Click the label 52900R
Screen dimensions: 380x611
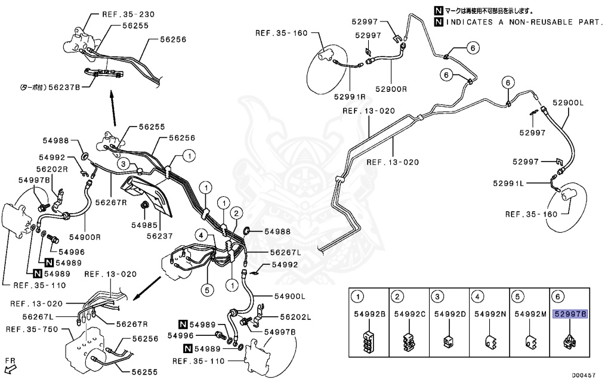(391, 89)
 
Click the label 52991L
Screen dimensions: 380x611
(508, 183)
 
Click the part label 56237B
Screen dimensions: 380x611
(67, 86)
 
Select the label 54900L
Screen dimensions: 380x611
(290, 296)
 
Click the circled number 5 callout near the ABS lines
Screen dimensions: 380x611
(206, 291)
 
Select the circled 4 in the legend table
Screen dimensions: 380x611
(477, 296)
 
